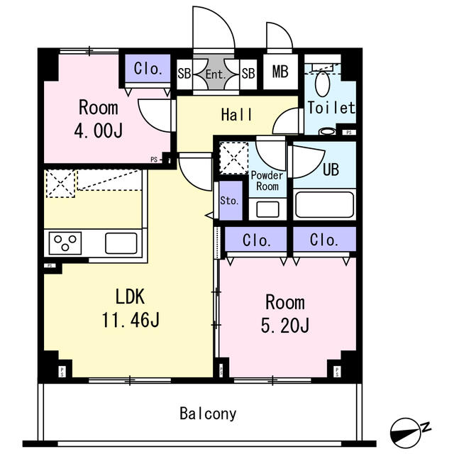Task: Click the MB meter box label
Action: click(280, 72)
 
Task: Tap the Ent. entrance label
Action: click(216, 74)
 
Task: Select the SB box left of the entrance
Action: click(184, 74)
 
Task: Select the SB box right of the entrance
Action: click(248, 74)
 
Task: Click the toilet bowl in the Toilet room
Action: click(323, 84)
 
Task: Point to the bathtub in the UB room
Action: click(325, 204)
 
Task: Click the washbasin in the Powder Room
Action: click(268, 209)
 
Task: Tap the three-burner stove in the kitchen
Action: click(65, 243)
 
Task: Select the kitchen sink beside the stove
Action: click(121, 243)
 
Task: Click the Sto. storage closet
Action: click(231, 201)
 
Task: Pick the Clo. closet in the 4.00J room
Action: click(148, 69)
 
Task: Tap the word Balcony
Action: click(208, 414)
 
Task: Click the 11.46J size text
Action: click(131, 320)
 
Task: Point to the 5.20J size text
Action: click(285, 325)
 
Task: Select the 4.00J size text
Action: click(99, 131)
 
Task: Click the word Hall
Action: click(236, 115)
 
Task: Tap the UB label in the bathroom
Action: click(331, 170)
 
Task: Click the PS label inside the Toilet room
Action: click(349, 133)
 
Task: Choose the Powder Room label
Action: click(267, 181)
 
